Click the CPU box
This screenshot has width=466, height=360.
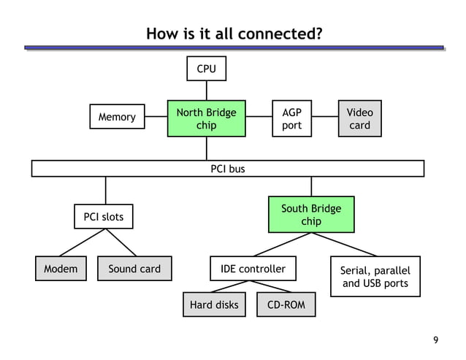click(206, 69)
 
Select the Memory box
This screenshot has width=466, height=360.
click(116, 117)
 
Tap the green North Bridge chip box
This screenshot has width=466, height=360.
click(206, 119)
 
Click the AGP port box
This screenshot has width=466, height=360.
click(291, 119)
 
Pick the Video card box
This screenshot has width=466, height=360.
click(359, 119)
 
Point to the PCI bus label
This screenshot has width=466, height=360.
click(227, 169)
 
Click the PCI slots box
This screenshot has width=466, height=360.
click(104, 217)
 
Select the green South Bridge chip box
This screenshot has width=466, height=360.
click(311, 215)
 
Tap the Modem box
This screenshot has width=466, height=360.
click(61, 269)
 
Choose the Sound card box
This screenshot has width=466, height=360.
click(134, 269)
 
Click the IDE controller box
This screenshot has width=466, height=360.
click(253, 269)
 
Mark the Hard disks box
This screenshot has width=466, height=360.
click(214, 305)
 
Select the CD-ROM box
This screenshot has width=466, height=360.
click(286, 305)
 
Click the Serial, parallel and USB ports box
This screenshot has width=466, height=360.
click(375, 276)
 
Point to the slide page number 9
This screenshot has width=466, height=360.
click(436, 340)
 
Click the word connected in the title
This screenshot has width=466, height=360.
click(281, 34)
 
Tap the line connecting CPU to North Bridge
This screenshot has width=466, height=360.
click(206, 91)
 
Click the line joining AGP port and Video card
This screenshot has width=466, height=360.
click(324, 119)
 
